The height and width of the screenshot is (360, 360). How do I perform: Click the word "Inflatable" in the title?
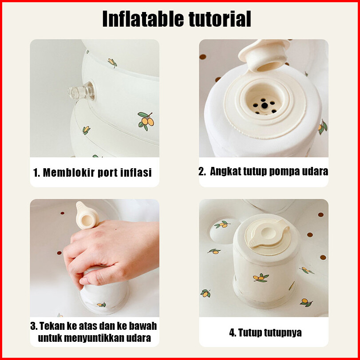pos(143,19)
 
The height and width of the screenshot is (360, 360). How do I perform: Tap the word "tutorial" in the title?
pos(220,19)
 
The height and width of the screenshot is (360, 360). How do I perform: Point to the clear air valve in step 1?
pos(81,91)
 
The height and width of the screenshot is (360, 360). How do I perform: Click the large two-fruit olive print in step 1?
pos(146,121)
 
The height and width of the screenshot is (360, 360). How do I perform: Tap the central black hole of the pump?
pos(265,105)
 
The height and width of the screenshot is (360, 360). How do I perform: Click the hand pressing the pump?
pos(110,253)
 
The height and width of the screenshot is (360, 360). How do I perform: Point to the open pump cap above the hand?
pos(87,216)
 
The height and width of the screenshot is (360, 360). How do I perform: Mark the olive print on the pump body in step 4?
pos(261,278)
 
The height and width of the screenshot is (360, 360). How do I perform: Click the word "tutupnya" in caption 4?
pos(283,332)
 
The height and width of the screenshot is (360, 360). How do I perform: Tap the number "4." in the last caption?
pos(232,332)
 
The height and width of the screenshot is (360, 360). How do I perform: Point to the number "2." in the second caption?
pos(202,171)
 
